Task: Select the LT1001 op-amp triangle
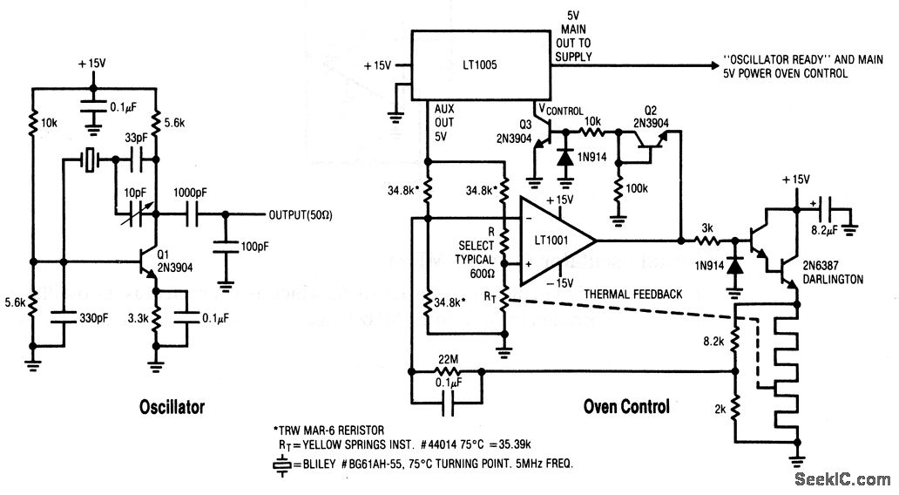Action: pyautogui.click(x=554, y=239)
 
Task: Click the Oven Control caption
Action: pyautogui.click(x=626, y=406)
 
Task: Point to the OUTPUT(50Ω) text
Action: pyautogui.click(x=294, y=214)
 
